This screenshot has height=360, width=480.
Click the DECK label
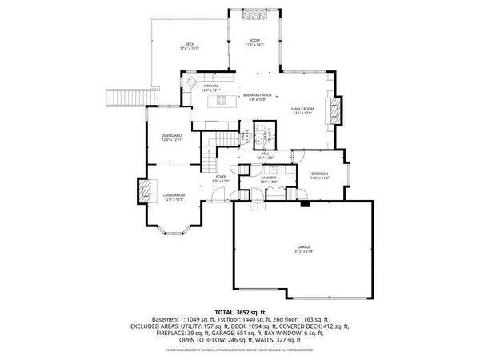coord(190,44)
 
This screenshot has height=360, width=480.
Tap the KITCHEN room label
coord(210,86)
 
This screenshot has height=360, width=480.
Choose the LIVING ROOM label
coord(174,195)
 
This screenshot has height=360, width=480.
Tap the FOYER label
coord(221,177)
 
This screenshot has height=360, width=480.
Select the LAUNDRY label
coord(269,178)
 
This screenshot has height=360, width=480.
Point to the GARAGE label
coord(303,250)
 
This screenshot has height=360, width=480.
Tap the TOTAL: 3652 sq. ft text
coord(239,311)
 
